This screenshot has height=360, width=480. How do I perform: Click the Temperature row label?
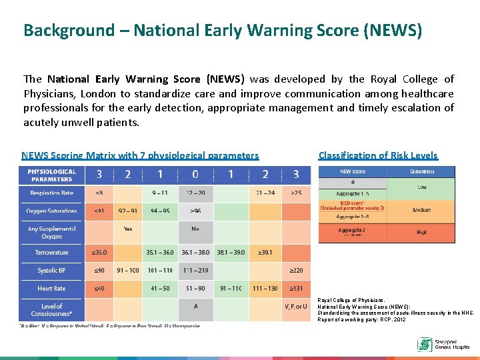(x=52, y=253)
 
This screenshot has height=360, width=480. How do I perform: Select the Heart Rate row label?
(x=52, y=289)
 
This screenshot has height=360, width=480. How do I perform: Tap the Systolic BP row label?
(x=52, y=271)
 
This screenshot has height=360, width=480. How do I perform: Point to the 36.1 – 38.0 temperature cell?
(x=195, y=253)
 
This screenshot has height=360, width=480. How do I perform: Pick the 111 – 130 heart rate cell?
(x=265, y=289)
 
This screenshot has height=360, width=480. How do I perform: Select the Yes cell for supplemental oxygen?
(x=127, y=229)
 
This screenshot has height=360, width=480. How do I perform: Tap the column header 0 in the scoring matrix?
(x=195, y=175)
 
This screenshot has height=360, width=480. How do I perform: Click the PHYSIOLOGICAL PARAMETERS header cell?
(x=52, y=175)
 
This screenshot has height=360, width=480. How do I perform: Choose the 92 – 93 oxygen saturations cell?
(x=127, y=211)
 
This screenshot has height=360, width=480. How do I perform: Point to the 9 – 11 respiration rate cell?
(x=159, y=193)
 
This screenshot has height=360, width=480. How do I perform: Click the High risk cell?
(x=422, y=232)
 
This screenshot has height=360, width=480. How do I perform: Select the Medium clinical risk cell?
(x=422, y=210)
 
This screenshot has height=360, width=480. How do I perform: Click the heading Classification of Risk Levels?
(x=378, y=155)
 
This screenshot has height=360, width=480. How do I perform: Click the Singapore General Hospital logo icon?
(x=425, y=344)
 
